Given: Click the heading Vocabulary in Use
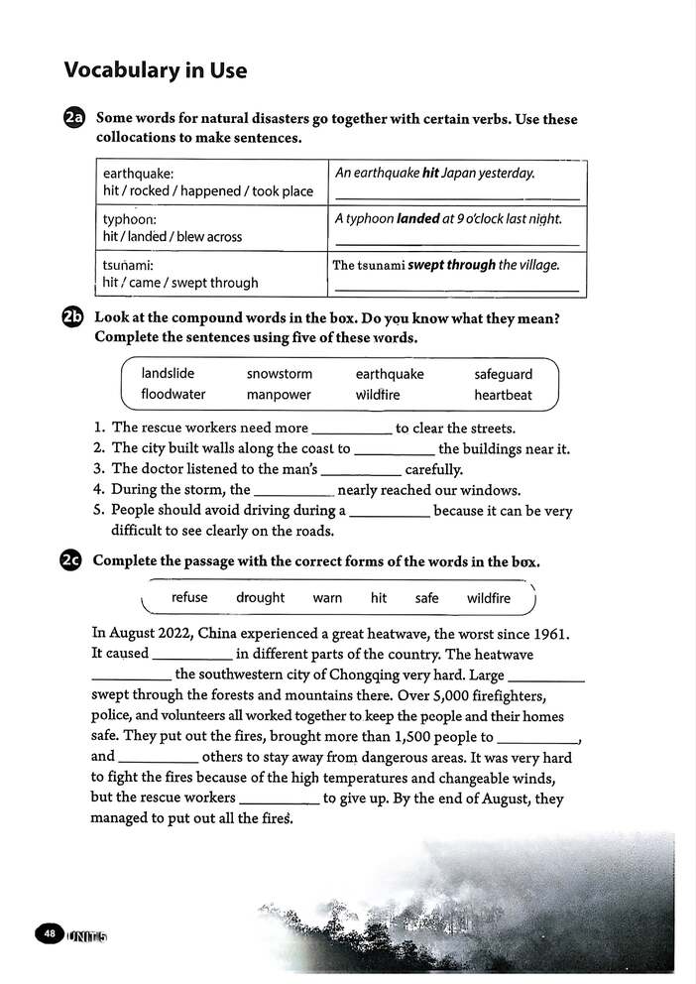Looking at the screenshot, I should (x=155, y=70).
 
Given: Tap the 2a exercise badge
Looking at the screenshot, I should (x=74, y=119).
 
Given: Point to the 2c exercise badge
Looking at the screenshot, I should (x=73, y=560).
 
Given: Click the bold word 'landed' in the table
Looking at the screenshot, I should (x=417, y=218).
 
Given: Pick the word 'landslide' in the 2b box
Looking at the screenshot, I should (x=168, y=374).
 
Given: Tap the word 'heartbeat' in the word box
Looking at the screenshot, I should (x=503, y=395).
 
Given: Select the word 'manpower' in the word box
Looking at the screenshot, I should (x=279, y=395).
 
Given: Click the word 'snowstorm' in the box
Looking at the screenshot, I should (x=279, y=374).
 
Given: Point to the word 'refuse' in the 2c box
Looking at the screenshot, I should (x=189, y=598).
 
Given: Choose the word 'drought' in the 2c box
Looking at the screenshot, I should (x=260, y=598).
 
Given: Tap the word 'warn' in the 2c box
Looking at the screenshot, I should (x=327, y=598).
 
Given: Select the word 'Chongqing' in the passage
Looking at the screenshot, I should (x=394, y=676).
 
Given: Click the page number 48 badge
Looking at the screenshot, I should (x=48, y=933).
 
